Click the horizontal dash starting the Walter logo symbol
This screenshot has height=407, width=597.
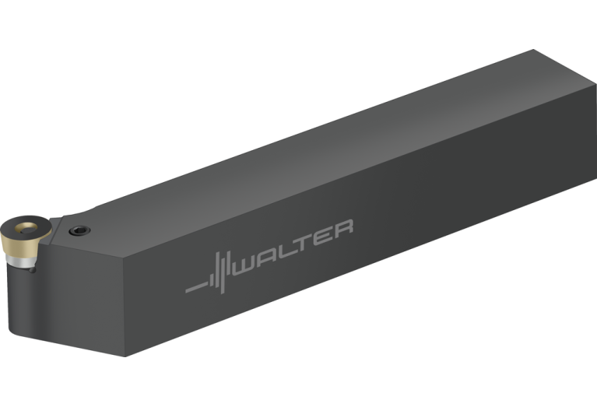[196, 287]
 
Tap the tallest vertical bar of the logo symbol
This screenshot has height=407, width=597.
[222, 272]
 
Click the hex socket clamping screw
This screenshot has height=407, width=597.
[79, 230]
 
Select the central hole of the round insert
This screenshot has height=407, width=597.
[26, 228]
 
